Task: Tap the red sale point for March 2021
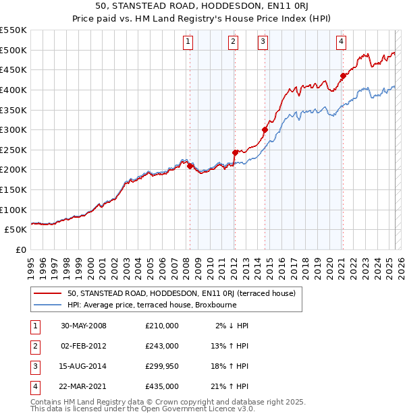click(343, 76)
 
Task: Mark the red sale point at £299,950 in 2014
click(265, 129)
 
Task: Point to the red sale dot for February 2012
click(235, 152)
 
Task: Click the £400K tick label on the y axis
click(13, 90)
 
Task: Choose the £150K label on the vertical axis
click(13, 189)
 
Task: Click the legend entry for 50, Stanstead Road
click(181, 293)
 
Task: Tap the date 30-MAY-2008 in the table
click(84, 326)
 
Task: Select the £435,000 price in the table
click(162, 386)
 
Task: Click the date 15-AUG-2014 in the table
click(84, 366)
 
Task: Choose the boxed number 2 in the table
click(33, 346)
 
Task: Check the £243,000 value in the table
click(162, 346)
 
